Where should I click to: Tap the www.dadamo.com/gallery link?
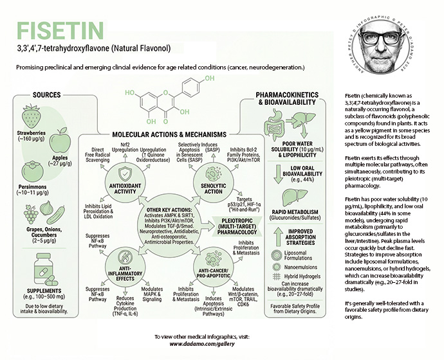pyautogui.click(x=199, y=345)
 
